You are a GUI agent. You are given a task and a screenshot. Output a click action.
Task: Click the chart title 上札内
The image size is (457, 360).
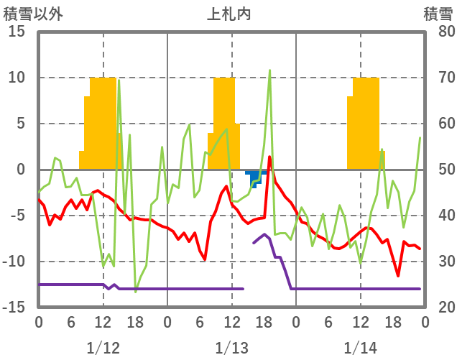pos(229,14)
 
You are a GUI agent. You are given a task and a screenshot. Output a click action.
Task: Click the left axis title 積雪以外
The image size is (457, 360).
pos(33,14)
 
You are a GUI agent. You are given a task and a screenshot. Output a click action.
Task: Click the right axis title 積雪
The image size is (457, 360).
pos(437,14)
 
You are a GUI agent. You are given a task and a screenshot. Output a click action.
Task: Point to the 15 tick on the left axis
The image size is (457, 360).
pos(17,32)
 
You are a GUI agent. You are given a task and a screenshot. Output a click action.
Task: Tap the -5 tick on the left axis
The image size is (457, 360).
pos(17,216)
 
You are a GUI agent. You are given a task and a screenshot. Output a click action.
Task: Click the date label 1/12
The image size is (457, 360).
pos(103,349)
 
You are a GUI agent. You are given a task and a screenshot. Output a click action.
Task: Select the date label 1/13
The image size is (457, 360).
pos(231,349)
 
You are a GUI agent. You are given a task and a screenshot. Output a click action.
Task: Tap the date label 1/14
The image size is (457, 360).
pos(360,349)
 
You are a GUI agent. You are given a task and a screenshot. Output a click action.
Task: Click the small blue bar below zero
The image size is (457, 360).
pos(256,177)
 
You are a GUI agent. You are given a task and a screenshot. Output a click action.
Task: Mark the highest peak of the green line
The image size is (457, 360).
pos(269,70)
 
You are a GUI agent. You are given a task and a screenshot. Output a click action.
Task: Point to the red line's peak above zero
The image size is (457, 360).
pos(269,157)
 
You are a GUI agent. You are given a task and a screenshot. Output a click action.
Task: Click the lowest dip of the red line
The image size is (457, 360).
pos(398,275)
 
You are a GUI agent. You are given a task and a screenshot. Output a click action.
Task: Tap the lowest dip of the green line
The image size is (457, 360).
pos(135,292)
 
